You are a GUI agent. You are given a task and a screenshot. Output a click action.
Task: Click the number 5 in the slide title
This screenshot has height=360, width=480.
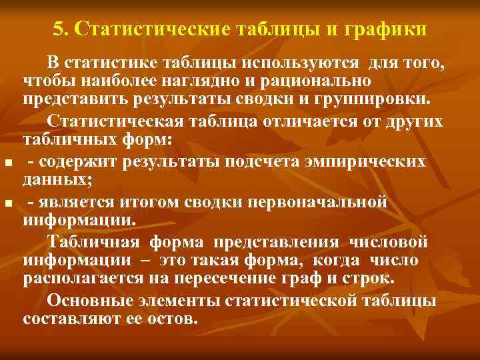(57, 31)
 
